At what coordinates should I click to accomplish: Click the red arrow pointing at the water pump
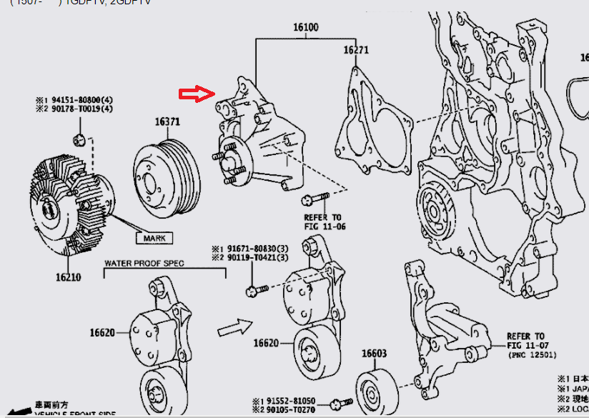click(x=197, y=94)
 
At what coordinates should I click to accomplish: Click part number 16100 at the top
click(x=305, y=28)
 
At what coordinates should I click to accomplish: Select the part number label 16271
click(x=355, y=50)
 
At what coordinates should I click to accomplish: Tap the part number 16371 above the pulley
click(x=168, y=121)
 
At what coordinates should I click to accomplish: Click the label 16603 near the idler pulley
click(x=373, y=353)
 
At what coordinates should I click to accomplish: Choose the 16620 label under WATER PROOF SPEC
click(x=104, y=333)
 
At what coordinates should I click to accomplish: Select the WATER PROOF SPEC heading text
click(x=144, y=264)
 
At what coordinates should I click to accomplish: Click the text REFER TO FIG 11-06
click(x=323, y=222)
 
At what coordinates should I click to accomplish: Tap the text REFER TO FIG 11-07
click(x=525, y=341)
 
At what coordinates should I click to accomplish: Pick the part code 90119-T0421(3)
click(x=254, y=258)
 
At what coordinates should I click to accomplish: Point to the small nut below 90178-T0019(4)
click(x=80, y=137)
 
